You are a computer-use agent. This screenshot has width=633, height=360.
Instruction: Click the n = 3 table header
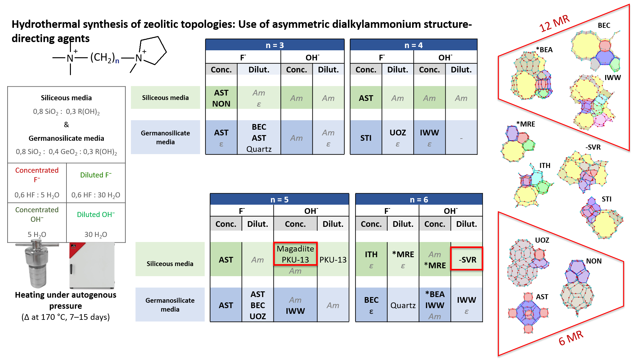point(275,45)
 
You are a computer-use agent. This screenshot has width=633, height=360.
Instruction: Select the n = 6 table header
point(419,199)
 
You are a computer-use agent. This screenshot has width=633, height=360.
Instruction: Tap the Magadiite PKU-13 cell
point(295,254)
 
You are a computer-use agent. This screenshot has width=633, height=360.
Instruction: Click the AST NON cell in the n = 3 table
point(221,98)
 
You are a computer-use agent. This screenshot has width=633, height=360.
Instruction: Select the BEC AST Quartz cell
point(259,138)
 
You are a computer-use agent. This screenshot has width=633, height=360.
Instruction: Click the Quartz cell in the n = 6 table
point(403,305)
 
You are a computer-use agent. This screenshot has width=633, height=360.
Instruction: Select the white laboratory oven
point(92,265)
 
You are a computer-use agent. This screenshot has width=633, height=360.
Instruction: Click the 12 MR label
point(554,23)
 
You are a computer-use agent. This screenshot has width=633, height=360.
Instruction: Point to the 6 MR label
point(571,338)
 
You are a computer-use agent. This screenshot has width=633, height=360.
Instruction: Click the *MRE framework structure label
point(526,124)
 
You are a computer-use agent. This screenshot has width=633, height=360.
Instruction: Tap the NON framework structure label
point(594,261)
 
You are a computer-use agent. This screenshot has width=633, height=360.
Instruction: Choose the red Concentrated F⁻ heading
point(37,175)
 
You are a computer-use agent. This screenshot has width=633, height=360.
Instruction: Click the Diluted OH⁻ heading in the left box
point(96,214)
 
